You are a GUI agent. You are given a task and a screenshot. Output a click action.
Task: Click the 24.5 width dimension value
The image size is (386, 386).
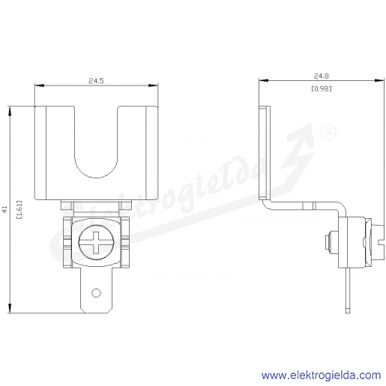[96, 81]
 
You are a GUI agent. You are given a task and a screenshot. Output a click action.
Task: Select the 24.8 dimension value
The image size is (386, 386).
[322, 76]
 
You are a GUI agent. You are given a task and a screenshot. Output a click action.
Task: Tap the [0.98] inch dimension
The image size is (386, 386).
[322, 88]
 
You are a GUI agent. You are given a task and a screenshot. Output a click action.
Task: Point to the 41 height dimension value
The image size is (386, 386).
[4, 209]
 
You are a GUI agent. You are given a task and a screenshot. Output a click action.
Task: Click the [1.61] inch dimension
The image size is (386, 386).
[19, 209]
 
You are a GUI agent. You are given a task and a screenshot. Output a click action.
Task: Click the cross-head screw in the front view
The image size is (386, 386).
[97, 242]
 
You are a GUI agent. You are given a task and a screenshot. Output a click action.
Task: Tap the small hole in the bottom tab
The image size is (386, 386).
[96, 293]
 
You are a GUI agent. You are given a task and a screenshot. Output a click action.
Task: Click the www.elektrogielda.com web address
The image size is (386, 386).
[322, 376]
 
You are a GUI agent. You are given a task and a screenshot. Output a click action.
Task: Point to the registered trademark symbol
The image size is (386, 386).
[328, 132]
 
